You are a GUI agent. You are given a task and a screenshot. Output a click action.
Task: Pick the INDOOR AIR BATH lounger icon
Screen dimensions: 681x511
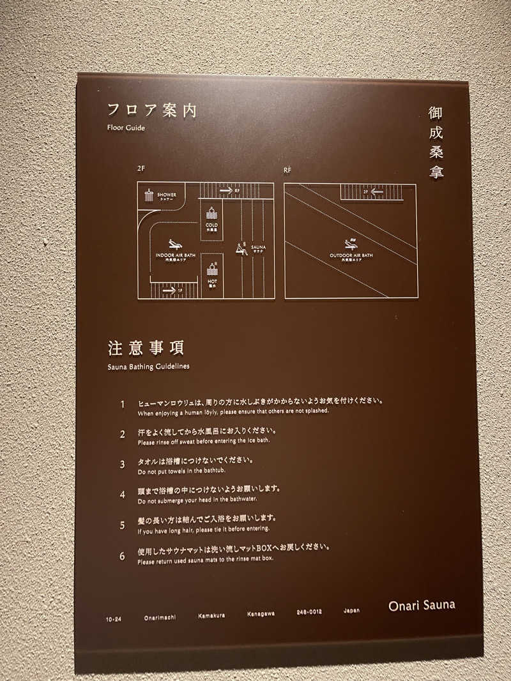pos(173,244)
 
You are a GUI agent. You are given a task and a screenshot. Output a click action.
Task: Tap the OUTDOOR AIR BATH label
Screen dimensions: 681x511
pos(351,257)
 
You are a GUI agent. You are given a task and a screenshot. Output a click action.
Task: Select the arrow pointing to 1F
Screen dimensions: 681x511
pos(169,291)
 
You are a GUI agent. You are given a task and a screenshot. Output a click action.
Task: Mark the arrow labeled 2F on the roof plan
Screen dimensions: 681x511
pos(377,190)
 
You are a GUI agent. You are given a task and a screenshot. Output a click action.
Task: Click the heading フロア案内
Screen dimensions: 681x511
pos(151,110)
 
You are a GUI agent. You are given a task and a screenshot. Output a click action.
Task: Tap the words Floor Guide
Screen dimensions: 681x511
pos(126,128)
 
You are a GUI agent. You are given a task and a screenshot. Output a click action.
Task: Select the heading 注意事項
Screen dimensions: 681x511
pos(146,348)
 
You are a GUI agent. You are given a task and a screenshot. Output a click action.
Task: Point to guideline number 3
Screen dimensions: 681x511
pos(122,464)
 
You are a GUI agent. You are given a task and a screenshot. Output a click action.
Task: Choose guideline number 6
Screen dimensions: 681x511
pos(122,555)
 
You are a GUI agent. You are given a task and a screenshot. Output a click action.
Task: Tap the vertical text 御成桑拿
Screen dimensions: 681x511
pos(436,142)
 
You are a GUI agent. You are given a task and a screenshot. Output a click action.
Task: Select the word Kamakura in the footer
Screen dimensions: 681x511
pos(210,615)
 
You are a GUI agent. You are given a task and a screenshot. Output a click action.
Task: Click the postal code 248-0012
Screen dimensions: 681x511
pos(309,612)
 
